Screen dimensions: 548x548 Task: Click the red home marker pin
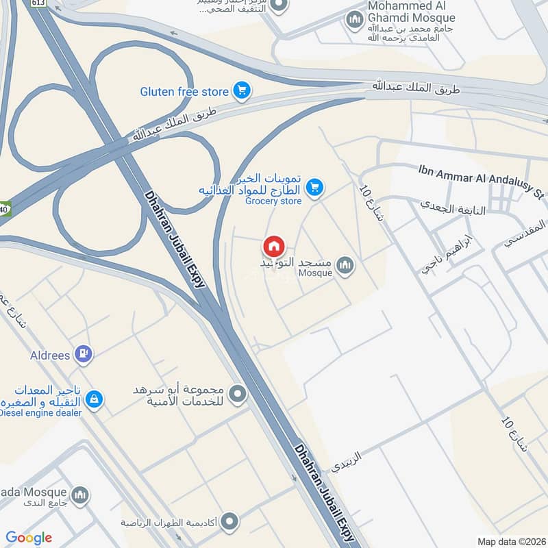tap(273, 246)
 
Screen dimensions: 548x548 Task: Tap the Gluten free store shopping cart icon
tap(241, 90)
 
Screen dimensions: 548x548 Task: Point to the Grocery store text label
tap(273, 201)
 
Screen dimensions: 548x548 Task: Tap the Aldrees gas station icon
tap(84, 354)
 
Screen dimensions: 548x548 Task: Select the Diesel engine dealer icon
tap(94, 397)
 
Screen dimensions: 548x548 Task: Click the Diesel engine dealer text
tap(41, 412)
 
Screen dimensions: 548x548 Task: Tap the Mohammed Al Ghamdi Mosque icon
tap(354, 18)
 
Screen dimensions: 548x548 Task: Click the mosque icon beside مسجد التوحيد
tap(345, 264)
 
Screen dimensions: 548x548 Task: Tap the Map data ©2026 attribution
tap(510, 542)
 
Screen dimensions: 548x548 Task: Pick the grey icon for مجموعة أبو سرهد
tap(238, 394)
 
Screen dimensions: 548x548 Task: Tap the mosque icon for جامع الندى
tap(80, 494)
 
